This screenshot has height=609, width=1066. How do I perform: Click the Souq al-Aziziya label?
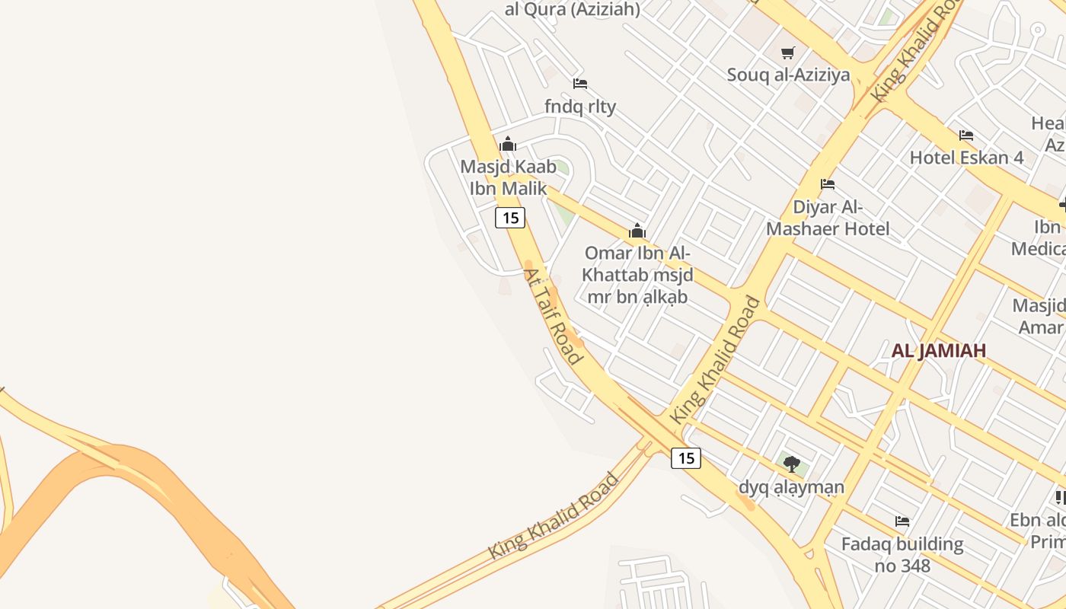coord(788,75)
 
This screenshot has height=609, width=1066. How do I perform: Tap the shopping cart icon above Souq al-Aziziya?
coord(788,53)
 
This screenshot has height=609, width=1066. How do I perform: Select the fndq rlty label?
coord(580,106)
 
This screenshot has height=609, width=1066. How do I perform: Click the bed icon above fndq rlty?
coord(580,83)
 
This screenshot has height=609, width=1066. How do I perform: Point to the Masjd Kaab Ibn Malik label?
coord(508,177)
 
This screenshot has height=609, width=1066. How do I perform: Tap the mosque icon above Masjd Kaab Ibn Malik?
coord(508,144)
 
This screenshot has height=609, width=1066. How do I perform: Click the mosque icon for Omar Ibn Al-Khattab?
coord(637,231)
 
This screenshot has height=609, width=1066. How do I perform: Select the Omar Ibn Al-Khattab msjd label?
coord(637,274)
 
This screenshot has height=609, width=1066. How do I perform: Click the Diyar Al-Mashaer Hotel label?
coord(828,218)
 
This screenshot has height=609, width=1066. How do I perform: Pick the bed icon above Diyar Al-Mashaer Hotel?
coord(828,184)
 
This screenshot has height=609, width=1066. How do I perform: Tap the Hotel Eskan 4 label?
coord(967,158)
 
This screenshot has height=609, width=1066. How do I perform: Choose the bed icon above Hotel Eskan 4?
coord(966,136)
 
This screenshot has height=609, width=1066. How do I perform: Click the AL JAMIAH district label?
coord(939,350)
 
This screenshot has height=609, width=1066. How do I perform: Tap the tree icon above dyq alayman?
coord(792,464)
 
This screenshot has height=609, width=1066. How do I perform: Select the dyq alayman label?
coord(792,486)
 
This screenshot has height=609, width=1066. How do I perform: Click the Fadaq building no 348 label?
coord(902,554)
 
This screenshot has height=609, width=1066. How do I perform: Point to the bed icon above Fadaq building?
coord(902,521)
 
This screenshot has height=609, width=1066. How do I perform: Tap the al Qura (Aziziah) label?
coord(573,9)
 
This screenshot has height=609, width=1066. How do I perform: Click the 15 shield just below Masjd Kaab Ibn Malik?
coord(510,218)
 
